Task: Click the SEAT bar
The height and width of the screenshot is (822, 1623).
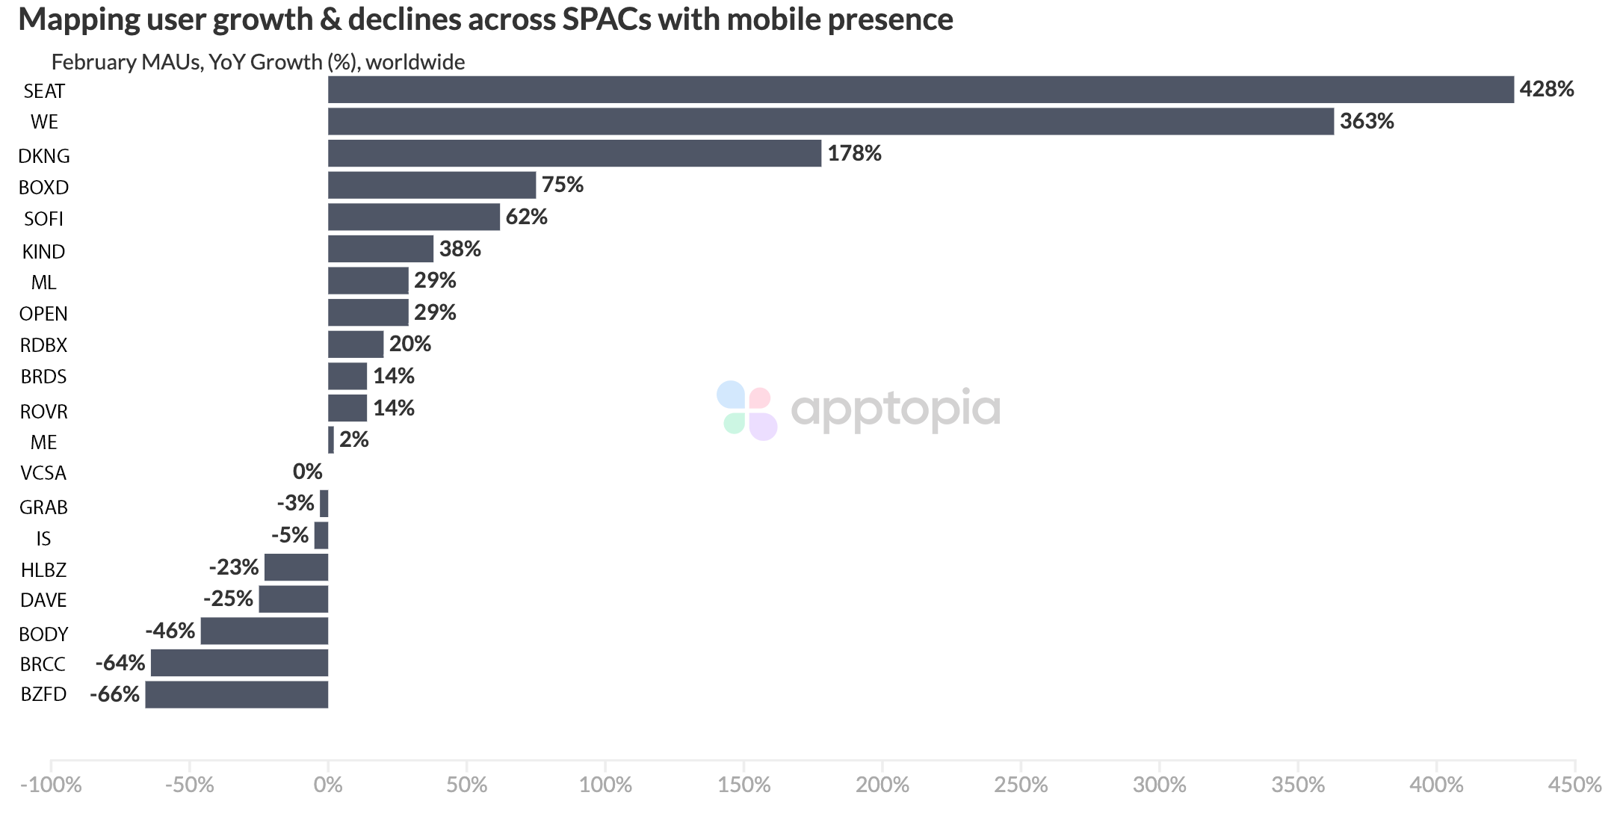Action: (x=921, y=90)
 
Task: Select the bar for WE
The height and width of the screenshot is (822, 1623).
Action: (x=831, y=122)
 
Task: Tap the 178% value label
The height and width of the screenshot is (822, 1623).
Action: (x=854, y=153)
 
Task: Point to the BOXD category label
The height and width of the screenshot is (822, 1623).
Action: (x=43, y=187)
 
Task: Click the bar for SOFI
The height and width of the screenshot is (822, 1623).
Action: (x=414, y=217)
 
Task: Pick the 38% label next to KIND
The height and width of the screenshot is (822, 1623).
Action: (x=460, y=249)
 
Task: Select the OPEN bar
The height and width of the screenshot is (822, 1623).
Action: (x=368, y=312)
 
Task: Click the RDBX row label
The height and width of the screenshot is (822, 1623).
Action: (x=43, y=345)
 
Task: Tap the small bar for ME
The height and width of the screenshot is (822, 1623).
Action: (x=331, y=440)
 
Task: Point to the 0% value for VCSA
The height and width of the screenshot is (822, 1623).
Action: (x=307, y=472)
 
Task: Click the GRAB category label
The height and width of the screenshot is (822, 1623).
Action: (x=43, y=507)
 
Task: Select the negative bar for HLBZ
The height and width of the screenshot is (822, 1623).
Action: (x=296, y=568)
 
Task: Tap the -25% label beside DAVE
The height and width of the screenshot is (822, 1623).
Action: (x=228, y=599)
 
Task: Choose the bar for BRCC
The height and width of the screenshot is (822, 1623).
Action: (x=239, y=663)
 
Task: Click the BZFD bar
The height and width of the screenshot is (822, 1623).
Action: (x=236, y=694)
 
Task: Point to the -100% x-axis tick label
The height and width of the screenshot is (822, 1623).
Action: (x=50, y=785)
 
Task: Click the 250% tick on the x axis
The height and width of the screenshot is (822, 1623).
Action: (x=1021, y=785)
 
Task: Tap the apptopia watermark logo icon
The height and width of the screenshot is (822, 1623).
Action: (x=746, y=410)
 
